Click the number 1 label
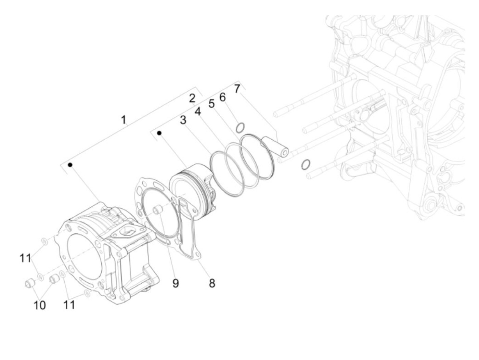[124, 120]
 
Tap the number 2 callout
[192, 98]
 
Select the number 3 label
[183, 120]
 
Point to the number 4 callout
[198, 112]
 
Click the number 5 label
[211, 103]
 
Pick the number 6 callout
[222, 97]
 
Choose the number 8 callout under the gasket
[212, 283]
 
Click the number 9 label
[176, 283]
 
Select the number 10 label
[40, 305]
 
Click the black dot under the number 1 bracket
[70, 165]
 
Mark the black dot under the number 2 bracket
[159, 133]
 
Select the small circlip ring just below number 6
[240, 128]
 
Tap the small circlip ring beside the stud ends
[306, 165]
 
